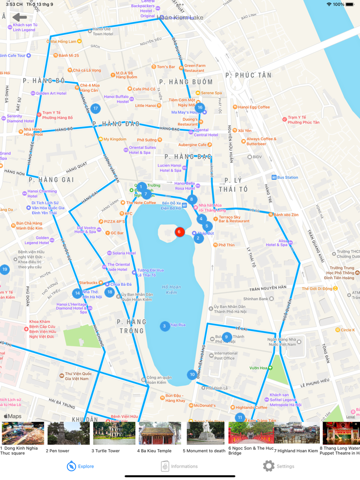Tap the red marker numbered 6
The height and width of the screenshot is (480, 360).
[x=179, y=232]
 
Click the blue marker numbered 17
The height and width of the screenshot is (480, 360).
[x=96, y=108]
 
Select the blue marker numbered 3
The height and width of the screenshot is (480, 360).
[x=165, y=326]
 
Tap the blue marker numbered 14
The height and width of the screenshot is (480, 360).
[x=77, y=293]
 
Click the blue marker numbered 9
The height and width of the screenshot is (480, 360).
[x=226, y=337]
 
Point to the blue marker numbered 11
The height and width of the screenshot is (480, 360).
[x=240, y=417]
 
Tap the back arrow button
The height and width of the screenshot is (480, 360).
[x=20, y=18]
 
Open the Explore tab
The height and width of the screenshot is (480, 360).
[x=80, y=466]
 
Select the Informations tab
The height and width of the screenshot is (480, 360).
[x=179, y=466]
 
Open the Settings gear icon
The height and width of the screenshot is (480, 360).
[x=268, y=466]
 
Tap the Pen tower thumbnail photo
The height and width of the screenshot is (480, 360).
[x=68, y=433]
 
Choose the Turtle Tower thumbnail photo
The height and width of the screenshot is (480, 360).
[x=114, y=433]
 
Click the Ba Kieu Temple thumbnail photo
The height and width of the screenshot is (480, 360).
[x=160, y=433]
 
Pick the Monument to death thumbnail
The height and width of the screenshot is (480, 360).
[x=205, y=433]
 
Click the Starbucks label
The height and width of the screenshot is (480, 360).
[x=88, y=283]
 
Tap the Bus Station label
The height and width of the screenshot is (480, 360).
[x=287, y=177]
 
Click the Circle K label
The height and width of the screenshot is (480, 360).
[x=347, y=330]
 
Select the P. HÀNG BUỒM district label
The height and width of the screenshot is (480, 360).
[x=186, y=82]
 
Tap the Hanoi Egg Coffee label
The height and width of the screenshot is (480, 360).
[x=254, y=107]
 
